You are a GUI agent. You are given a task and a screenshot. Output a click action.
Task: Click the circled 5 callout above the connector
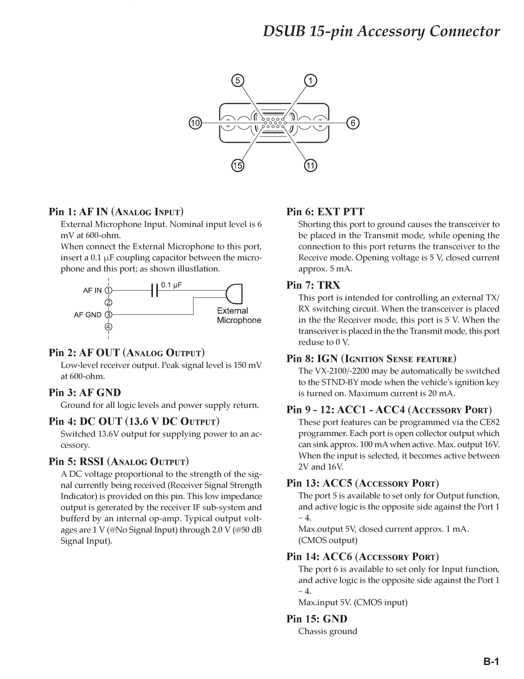pos(238,80)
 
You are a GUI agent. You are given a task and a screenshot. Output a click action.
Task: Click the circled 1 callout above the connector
pos(310,80)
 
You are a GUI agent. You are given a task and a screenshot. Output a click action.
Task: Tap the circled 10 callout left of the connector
pos(195,123)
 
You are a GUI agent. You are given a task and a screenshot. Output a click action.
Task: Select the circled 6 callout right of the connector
pos(353,123)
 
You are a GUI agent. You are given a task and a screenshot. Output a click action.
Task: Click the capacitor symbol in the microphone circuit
pos(155,290)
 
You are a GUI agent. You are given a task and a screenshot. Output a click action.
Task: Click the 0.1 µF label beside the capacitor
pos(171,285)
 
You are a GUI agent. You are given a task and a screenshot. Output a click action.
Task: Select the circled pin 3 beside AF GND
pos(108,315)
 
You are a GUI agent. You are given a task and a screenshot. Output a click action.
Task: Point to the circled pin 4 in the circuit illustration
pos(108,327)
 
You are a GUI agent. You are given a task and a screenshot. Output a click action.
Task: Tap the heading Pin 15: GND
pos(317,619)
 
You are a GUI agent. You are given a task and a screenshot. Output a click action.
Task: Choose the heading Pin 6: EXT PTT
pos(325,212)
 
